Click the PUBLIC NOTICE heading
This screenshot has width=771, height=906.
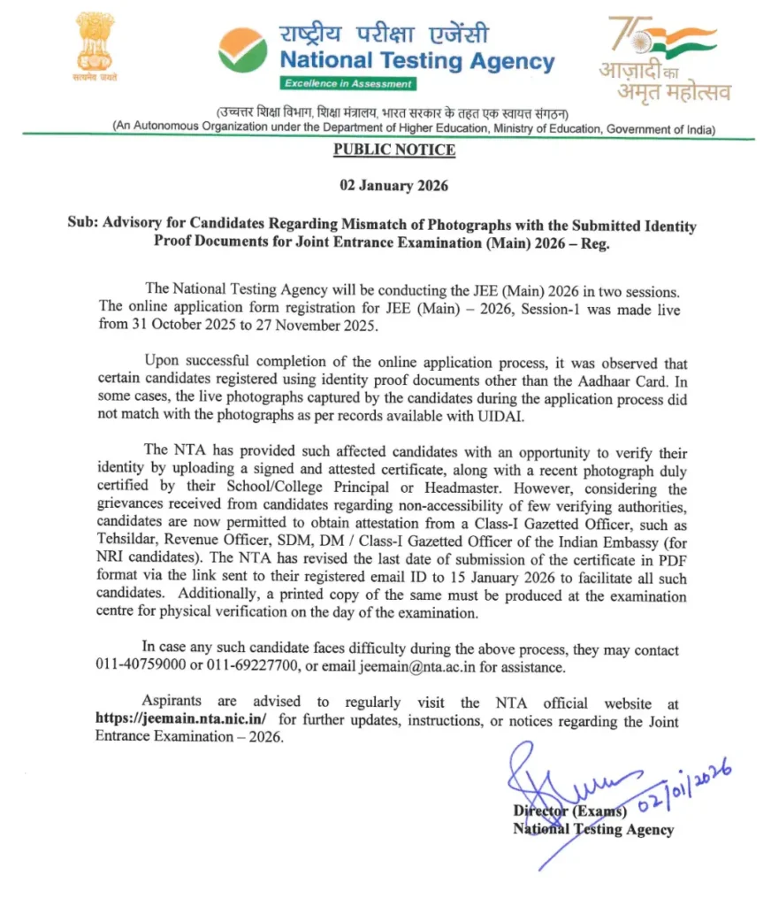pyautogui.click(x=394, y=150)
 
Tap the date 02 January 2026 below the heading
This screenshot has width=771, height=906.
pyautogui.click(x=394, y=187)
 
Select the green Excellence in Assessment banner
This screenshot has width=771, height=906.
pyautogui.click(x=347, y=83)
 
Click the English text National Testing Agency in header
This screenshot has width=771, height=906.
pyautogui.click(x=417, y=62)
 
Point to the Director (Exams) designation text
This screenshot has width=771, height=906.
pyautogui.click(x=569, y=810)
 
